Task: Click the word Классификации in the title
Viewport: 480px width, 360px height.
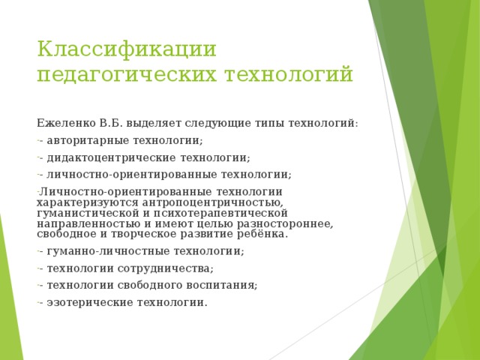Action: click(x=127, y=49)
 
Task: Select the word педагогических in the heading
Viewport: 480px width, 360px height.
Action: click(x=127, y=75)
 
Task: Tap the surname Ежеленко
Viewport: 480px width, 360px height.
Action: click(x=66, y=123)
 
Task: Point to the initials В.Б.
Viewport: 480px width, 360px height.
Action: click(x=111, y=123)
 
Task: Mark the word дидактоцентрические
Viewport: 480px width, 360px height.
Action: click(x=112, y=158)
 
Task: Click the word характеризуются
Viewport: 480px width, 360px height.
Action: click(x=88, y=203)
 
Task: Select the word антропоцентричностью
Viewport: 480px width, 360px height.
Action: click(x=212, y=203)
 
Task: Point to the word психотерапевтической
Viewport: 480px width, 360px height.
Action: click(x=220, y=213)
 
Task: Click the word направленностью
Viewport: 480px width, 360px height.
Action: click(x=88, y=223)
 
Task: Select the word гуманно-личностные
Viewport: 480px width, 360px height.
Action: click(x=109, y=251)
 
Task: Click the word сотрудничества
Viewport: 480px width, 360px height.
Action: click(x=165, y=268)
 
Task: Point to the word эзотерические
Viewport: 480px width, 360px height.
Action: click(x=90, y=303)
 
